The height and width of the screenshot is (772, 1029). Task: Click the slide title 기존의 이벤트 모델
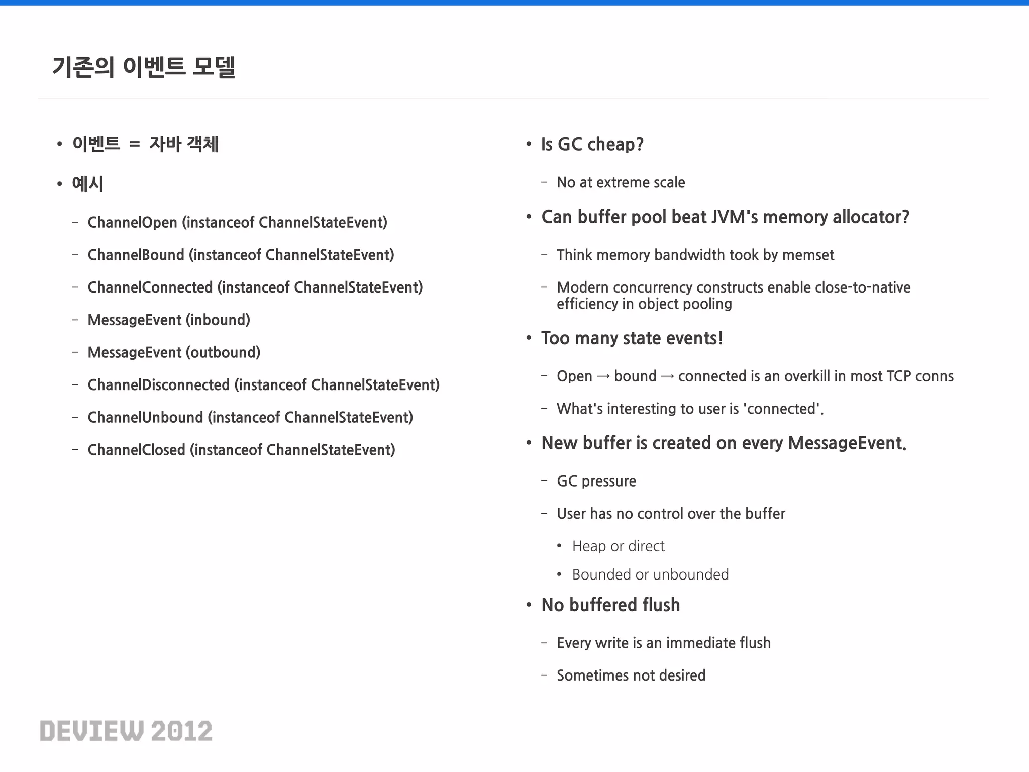(x=144, y=67)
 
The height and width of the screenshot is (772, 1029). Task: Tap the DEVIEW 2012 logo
(x=126, y=731)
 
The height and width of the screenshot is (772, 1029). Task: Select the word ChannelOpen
(x=132, y=222)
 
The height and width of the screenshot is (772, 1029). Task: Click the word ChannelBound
(x=136, y=255)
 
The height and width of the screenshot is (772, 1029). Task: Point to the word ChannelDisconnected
(x=158, y=385)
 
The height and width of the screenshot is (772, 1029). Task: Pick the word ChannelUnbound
(x=145, y=417)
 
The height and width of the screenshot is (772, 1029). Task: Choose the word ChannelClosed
(x=136, y=450)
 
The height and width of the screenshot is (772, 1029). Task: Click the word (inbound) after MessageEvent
(x=218, y=320)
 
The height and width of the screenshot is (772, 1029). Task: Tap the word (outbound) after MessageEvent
(x=223, y=352)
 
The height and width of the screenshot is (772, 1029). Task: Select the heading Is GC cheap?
(x=592, y=144)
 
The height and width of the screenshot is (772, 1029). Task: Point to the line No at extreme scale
(x=621, y=182)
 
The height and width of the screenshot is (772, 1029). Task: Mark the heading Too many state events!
(x=632, y=338)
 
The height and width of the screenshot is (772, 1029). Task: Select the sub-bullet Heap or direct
(x=618, y=546)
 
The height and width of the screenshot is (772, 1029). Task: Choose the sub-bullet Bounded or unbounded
(x=650, y=574)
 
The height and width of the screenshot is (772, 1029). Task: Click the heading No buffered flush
(x=610, y=605)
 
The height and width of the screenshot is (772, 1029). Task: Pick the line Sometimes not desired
(x=631, y=675)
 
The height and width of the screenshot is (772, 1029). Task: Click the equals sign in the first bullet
(x=134, y=144)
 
